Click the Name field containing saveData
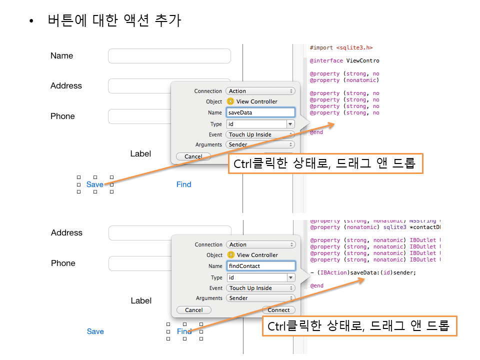(x=260, y=112)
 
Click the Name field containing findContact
(x=260, y=266)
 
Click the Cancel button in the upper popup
(x=193, y=156)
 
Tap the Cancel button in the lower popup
(x=194, y=310)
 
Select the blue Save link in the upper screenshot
(x=95, y=184)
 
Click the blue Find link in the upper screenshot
(x=183, y=184)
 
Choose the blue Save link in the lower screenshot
(x=95, y=331)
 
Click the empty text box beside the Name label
(x=169, y=56)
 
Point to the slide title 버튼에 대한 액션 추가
(x=114, y=21)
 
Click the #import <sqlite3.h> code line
(x=341, y=48)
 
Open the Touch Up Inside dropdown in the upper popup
(x=260, y=134)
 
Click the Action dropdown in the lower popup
(x=260, y=244)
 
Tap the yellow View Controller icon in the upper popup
(x=230, y=101)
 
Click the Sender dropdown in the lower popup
(x=260, y=298)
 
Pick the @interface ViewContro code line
(x=344, y=61)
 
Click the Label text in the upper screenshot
(x=140, y=153)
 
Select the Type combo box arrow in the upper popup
(x=290, y=124)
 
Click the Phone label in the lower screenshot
(x=63, y=263)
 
